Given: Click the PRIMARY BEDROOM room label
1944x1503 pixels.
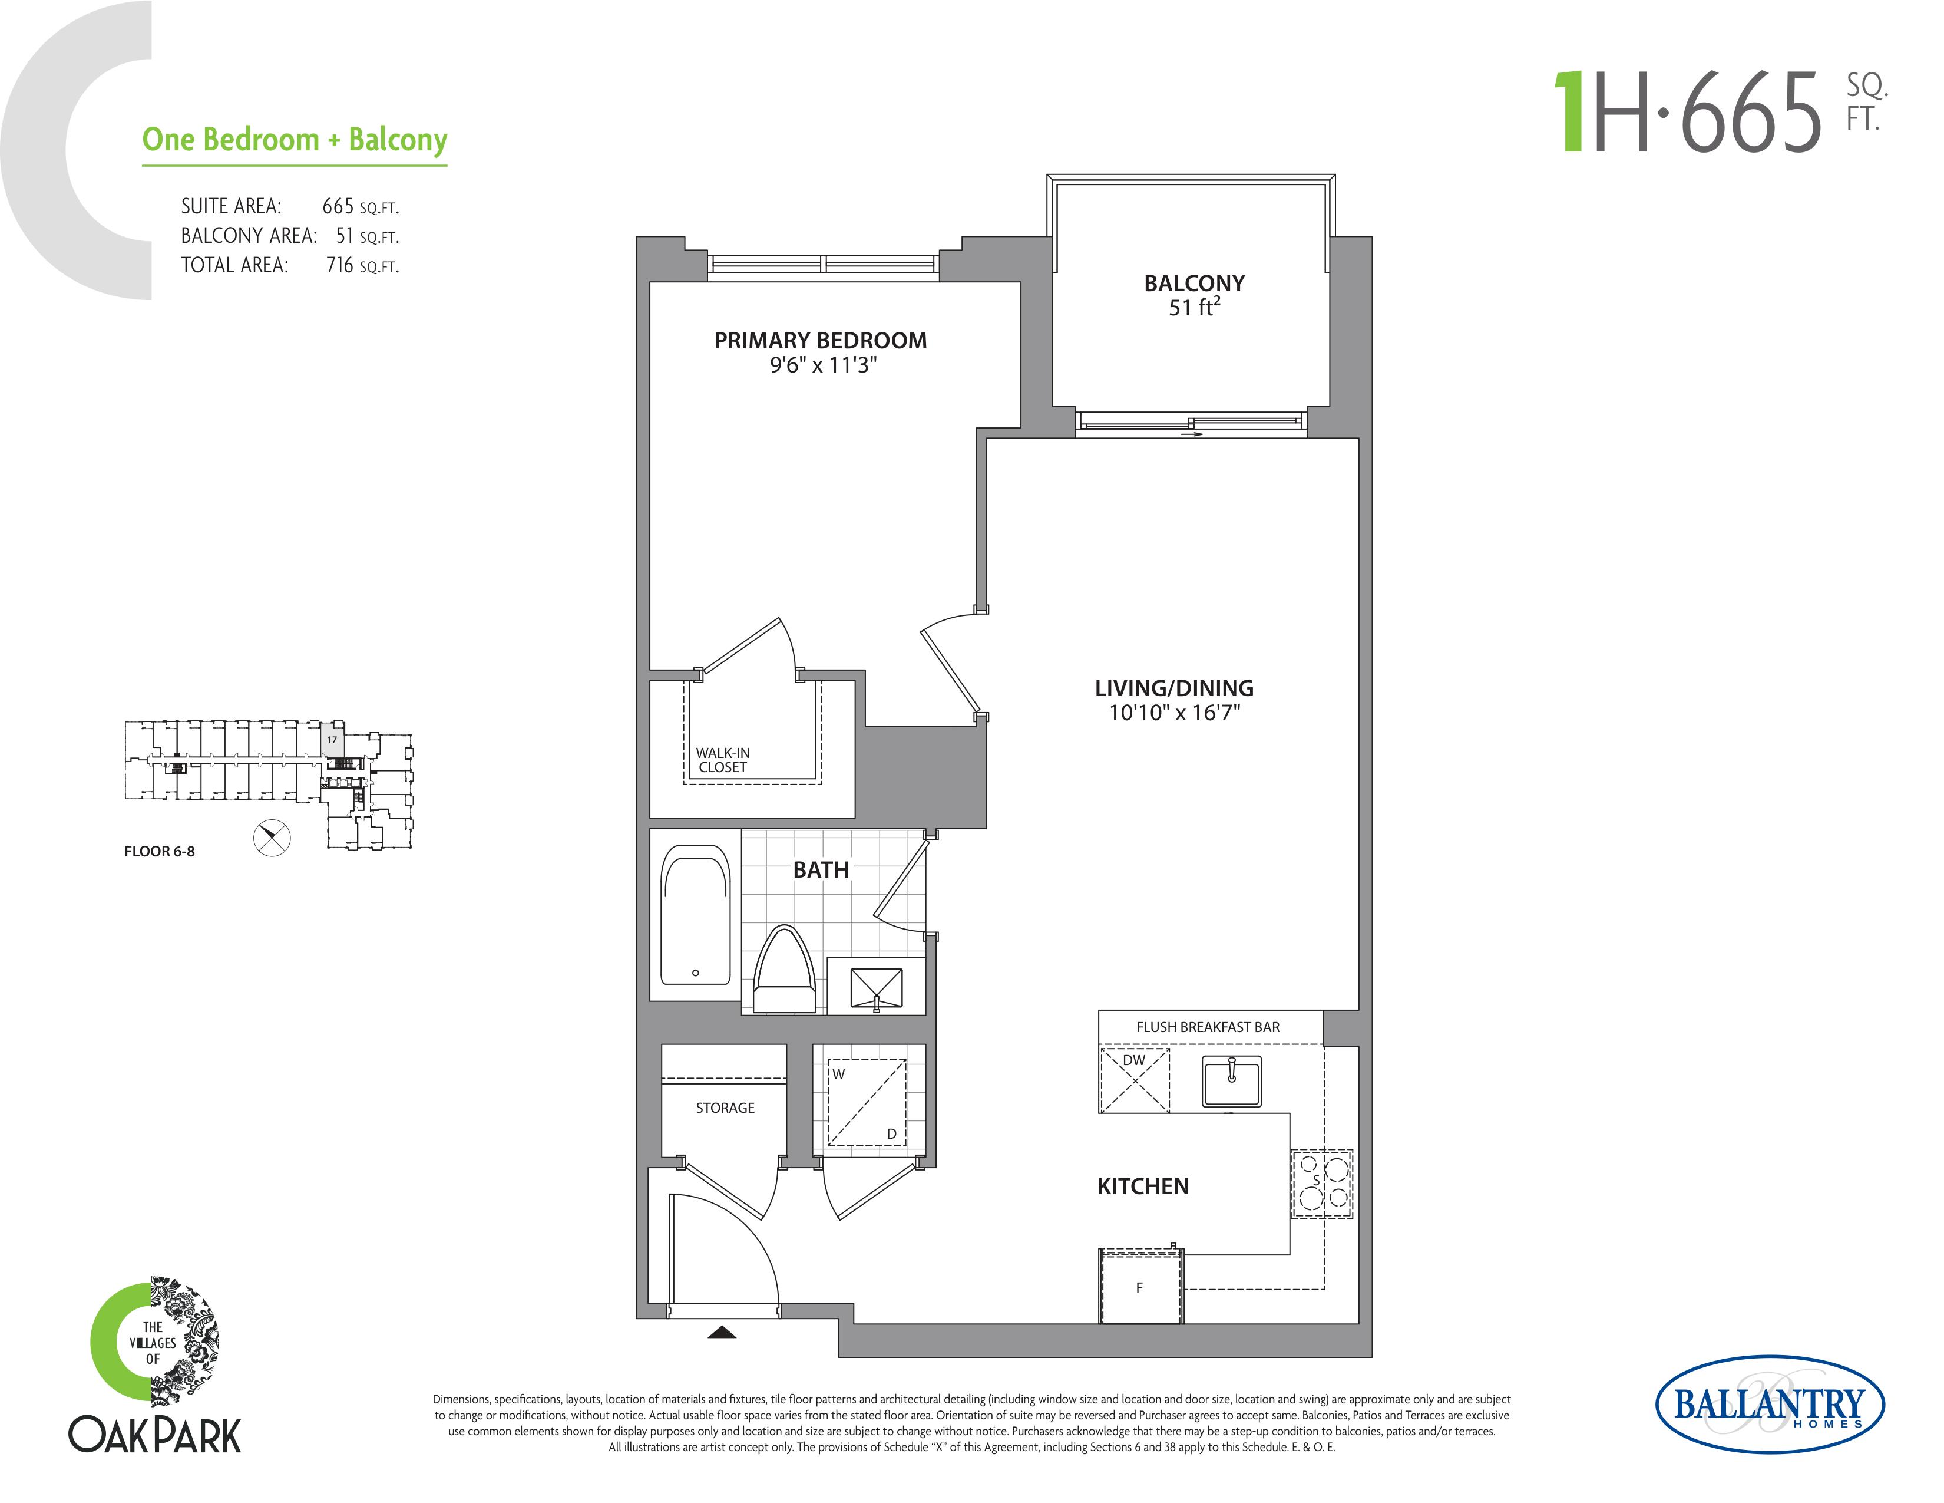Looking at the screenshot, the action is pos(820,340).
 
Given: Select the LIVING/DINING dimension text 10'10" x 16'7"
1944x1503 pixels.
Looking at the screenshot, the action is pos(1174,713).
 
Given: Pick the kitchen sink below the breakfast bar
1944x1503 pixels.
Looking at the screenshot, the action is pos(1232,1081).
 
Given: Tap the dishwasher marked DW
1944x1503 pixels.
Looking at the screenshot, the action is pos(1135,1080).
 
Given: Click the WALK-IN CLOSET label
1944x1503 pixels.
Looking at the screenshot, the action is pos(723,760).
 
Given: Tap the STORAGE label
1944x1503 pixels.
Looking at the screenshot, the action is pos(725,1108).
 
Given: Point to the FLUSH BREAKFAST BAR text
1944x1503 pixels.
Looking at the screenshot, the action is pos(1208,1027).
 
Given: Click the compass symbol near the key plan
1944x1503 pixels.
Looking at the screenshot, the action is pos(272,838).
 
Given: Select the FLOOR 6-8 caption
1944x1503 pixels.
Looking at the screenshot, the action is pos(159,851).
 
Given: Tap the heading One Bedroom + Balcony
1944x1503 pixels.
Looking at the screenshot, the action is pos(295,140).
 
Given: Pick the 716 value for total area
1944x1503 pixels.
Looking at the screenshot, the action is pos(340,265).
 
